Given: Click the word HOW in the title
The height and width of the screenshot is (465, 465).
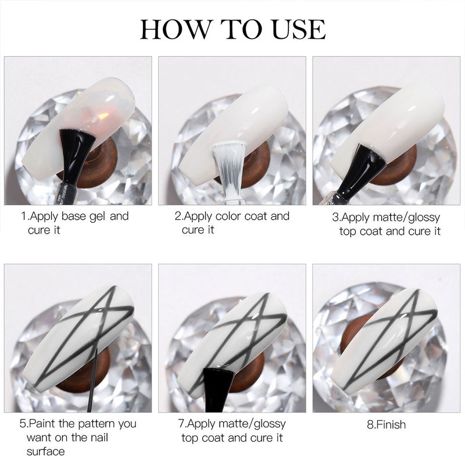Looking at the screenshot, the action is tap(174, 29).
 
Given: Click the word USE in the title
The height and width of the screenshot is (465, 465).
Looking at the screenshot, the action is tap(299, 29).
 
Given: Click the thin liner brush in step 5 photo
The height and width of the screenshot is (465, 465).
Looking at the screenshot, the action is tap(92, 380).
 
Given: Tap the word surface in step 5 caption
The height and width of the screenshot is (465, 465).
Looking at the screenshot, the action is tap(46, 452).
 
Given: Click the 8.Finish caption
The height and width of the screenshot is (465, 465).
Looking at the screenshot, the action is tap(386, 424).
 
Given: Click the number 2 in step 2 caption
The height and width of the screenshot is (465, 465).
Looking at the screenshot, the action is tap(178, 216).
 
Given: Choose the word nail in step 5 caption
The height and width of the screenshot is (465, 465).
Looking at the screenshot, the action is tap(99, 438).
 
